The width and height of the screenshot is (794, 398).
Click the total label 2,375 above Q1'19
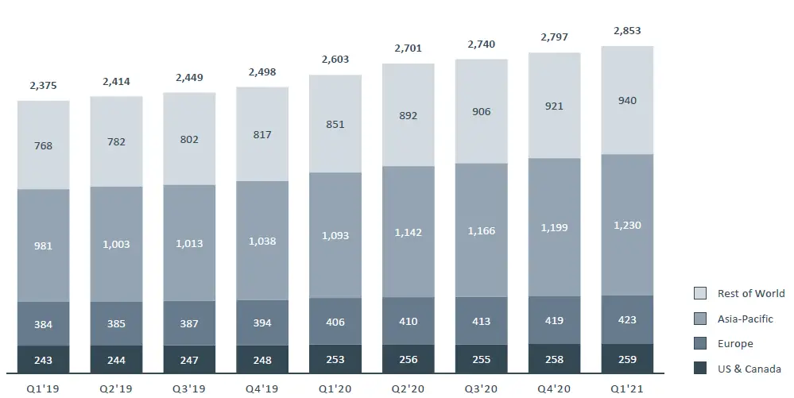pyautogui.click(x=43, y=87)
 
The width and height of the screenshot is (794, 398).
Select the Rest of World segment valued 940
pyautogui.click(x=627, y=101)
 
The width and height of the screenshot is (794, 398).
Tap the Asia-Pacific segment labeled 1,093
pyautogui.click(x=335, y=236)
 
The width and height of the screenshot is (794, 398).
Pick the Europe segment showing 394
pyautogui.click(x=261, y=323)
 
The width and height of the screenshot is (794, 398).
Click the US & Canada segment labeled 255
pyautogui.click(x=481, y=359)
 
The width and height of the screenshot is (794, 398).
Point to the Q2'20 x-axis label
pyautogui.click(x=408, y=389)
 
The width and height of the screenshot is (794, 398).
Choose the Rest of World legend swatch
pyautogui.click(x=700, y=293)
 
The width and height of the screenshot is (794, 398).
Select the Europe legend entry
pyautogui.click(x=734, y=344)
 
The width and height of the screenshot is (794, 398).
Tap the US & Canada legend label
pyautogui.click(x=749, y=369)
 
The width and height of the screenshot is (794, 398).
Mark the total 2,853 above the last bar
pyautogui.click(x=627, y=31)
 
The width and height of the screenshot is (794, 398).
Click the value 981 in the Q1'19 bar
pyautogui.click(x=43, y=246)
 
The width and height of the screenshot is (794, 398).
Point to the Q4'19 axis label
pyautogui.click(x=261, y=389)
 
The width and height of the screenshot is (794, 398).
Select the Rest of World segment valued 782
pyautogui.click(x=116, y=142)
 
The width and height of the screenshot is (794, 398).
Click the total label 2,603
pyautogui.click(x=335, y=60)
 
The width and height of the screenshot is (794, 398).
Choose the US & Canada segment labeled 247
pyautogui.click(x=189, y=360)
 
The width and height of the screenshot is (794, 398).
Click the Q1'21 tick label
pyautogui.click(x=627, y=389)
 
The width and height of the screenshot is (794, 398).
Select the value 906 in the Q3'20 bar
pyautogui.click(x=481, y=112)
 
